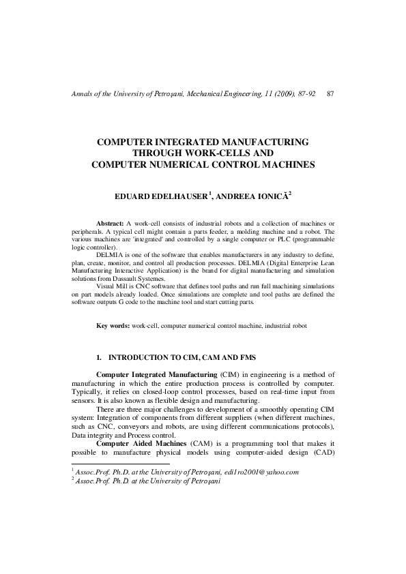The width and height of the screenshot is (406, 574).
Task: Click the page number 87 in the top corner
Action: point(330,93)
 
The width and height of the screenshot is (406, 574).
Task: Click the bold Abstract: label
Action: point(111,224)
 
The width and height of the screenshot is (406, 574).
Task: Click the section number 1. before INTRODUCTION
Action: point(100,357)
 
